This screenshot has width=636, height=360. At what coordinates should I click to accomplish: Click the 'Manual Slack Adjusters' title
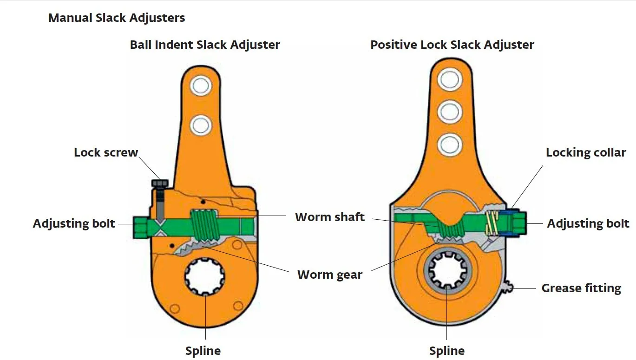pyautogui.click(x=117, y=18)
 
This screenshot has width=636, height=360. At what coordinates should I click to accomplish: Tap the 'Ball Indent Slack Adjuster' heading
pyautogui.click(x=205, y=45)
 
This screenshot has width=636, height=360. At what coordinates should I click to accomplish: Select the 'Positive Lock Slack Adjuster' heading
pyautogui.click(x=452, y=45)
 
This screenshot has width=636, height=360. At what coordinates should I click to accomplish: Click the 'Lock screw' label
pyautogui.click(x=106, y=152)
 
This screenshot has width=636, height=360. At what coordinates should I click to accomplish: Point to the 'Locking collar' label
pyautogui.click(x=586, y=152)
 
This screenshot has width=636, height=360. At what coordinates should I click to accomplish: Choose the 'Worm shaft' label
pyautogui.click(x=330, y=217)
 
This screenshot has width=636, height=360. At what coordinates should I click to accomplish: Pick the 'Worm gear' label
pyautogui.click(x=330, y=275)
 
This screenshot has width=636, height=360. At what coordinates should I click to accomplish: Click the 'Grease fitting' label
pyautogui.click(x=581, y=288)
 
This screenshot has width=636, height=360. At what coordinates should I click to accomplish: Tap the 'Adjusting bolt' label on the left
pyautogui.click(x=74, y=223)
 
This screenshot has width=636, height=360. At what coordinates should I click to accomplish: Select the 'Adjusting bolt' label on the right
pyautogui.click(x=588, y=223)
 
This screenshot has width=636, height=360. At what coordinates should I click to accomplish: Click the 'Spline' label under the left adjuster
pyautogui.click(x=203, y=351)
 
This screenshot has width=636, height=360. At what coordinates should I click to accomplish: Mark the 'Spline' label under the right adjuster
pyautogui.click(x=447, y=351)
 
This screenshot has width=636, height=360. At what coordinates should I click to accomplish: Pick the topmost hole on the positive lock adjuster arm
pyautogui.click(x=449, y=80)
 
